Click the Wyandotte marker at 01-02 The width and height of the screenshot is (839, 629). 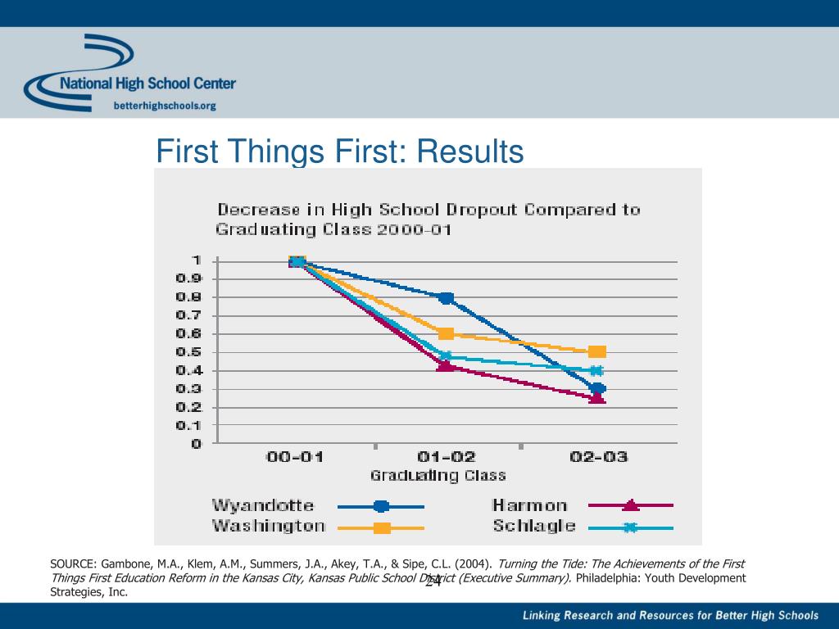click(x=446, y=298)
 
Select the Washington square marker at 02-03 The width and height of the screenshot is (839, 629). click(x=597, y=351)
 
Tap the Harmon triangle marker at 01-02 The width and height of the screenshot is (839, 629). click(x=446, y=364)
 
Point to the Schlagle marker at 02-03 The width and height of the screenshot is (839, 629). click(x=597, y=371)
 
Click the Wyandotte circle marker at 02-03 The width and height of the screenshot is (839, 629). click(x=597, y=389)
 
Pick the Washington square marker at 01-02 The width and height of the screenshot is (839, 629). click(x=446, y=333)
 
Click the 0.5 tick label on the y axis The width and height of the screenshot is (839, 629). click(x=189, y=352)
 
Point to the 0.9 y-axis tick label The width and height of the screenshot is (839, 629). click(x=189, y=278)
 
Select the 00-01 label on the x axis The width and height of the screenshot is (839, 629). click(x=295, y=457)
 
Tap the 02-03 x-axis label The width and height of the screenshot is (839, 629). click(x=598, y=457)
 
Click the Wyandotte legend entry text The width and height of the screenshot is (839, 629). click(x=263, y=505)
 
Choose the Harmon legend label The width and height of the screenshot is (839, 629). click(x=529, y=505)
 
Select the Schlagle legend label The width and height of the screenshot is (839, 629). click(x=533, y=526)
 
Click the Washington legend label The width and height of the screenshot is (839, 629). click(x=269, y=526)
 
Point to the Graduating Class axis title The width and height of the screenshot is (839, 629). click(x=438, y=475)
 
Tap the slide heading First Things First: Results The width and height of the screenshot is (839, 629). click(x=340, y=152)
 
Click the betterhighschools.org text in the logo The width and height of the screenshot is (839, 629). click(x=164, y=105)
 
